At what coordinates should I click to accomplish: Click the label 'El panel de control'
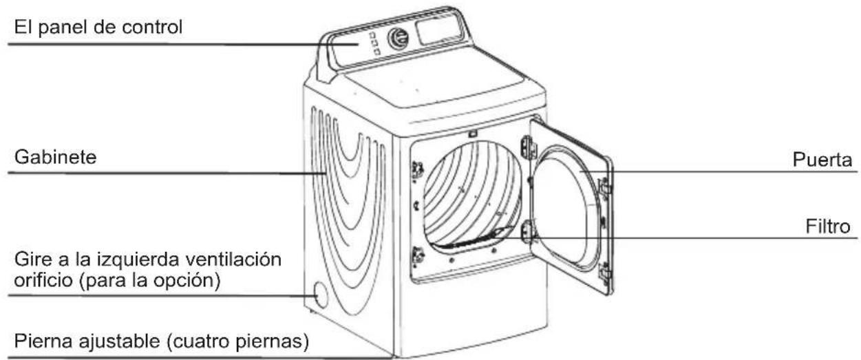(x=98, y=28)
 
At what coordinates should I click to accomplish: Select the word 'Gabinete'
(x=55, y=158)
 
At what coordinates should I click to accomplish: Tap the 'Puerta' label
(x=822, y=160)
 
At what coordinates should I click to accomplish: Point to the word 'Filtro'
(x=827, y=226)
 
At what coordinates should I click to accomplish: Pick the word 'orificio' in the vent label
(x=43, y=280)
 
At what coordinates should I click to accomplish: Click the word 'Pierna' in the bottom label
(x=43, y=341)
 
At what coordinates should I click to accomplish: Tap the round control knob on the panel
(x=398, y=39)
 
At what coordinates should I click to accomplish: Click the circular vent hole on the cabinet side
(x=320, y=295)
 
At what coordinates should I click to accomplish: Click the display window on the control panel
(x=438, y=29)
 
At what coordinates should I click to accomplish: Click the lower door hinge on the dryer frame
(x=527, y=231)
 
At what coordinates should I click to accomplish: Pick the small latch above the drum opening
(x=472, y=134)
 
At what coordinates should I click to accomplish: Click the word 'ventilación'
(x=233, y=260)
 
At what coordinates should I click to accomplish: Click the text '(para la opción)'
(x=149, y=281)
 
